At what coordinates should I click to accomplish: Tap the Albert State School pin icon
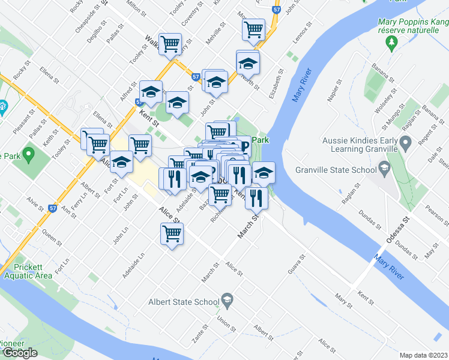pos(227,299)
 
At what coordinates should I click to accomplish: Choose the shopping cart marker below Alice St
pos(172,233)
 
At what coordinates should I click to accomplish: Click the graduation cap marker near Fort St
pos(121,162)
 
